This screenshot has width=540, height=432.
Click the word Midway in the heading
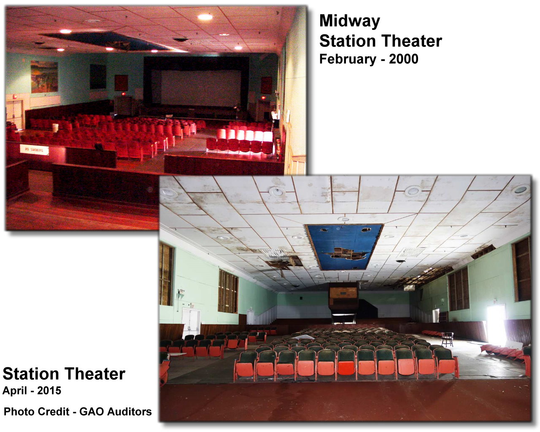click(350, 22)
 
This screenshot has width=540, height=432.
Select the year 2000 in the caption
click(403, 59)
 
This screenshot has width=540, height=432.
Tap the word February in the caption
click(348, 59)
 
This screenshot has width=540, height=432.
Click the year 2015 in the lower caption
click(49, 391)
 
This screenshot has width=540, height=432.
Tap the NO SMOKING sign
click(34, 150)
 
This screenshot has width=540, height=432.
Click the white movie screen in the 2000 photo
click(200, 88)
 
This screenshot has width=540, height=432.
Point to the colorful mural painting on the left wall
click(44, 76)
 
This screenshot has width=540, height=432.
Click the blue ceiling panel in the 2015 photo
click(344, 247)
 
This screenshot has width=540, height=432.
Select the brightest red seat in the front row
click(346, 368)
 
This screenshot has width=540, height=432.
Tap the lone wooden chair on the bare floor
click(448, 339)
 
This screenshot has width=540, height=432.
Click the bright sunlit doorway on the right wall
click(496, 326)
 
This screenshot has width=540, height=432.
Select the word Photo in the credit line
click(19, 412)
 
